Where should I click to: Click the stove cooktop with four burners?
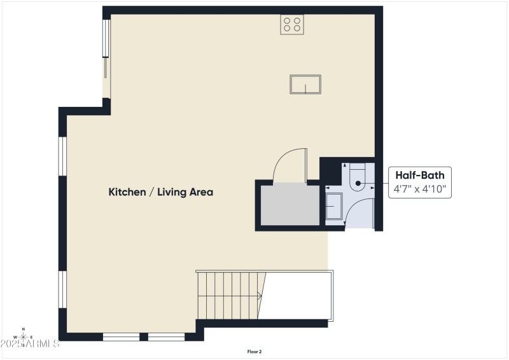coord(292,24)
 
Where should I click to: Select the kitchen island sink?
coord(305,84)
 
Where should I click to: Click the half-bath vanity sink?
coord(333,207)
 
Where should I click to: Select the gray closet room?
coord(290,204)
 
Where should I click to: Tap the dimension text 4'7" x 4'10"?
coord(419,189)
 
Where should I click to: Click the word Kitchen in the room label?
coord(127,191)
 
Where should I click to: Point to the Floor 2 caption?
coord(254,351)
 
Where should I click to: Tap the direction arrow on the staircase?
coord(258,295)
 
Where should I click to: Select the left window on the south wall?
coord(121,336)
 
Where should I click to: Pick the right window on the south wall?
coord(166,336)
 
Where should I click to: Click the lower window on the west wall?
coord(63,290)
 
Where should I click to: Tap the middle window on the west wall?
coord(63,156)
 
